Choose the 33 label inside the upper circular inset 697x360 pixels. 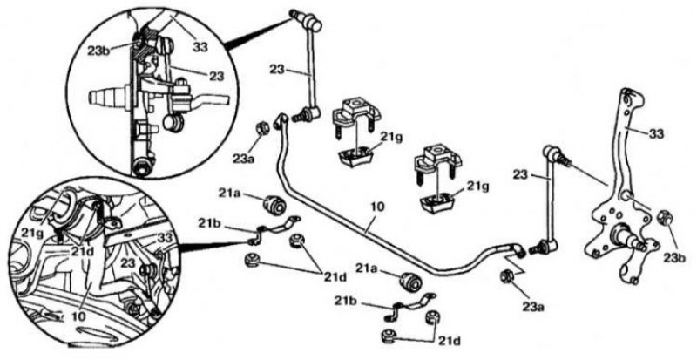[200, 46]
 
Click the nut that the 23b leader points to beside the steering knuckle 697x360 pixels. [665, 218]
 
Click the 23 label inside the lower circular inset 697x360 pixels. [128, 262]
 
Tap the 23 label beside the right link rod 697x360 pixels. [520, 174]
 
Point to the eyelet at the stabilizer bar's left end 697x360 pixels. [281, 120]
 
